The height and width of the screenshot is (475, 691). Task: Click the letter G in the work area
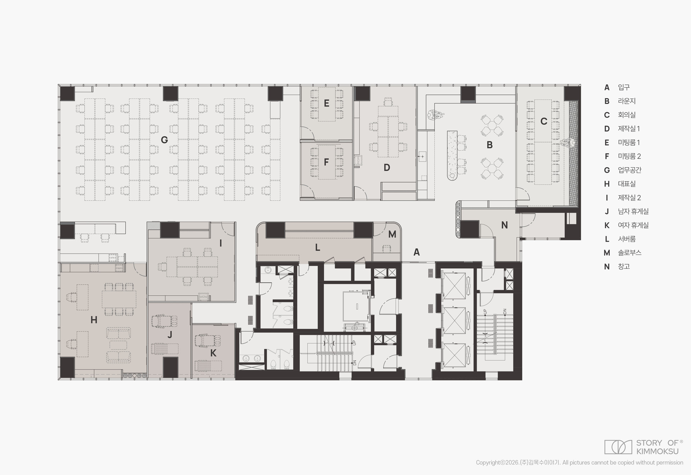tap(164, 140)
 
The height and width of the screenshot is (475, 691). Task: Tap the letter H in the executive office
tap(94, 320)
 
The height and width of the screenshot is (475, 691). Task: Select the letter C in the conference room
tap(544, 122)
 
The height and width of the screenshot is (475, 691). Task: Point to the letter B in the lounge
tap(489, 145)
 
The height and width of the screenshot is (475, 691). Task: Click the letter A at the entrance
tap(416, 252)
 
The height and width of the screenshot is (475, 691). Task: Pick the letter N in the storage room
tap(505, 225)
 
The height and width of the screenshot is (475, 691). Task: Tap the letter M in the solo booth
tap(392, 234)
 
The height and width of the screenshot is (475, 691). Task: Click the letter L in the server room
tap(317, 247)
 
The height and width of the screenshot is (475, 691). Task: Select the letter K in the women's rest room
tap(213, 353)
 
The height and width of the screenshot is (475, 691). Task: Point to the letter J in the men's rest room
tap(170, 335)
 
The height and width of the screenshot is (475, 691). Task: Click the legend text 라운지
tap(627, 101)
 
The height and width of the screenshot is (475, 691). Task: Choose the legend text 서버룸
tap(627, 239)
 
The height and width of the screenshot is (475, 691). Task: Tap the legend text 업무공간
tap(630, 170)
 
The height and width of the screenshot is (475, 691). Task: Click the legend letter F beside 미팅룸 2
tap(607, 156)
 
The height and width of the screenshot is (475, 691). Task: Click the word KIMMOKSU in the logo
tap(658, 451)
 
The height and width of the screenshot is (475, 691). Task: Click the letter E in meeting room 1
tap(326, 104)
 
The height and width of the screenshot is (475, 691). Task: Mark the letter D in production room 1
tap(387, 168)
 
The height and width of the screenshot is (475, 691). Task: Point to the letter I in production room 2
tap(221, 243)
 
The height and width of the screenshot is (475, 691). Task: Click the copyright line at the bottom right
tap(579, 463)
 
